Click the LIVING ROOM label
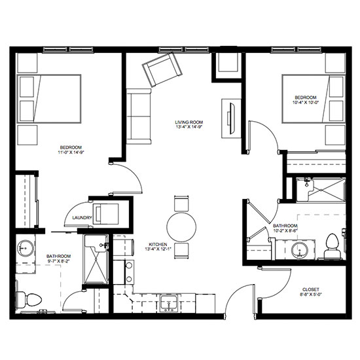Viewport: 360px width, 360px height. point(189,122)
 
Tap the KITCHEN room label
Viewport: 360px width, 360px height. point(158,244)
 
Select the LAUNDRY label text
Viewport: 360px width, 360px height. point(82,218)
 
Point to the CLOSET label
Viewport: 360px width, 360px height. point(311,289)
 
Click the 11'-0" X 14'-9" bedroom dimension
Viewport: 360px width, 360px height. point(71,152)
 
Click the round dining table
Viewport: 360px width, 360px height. point(181,226)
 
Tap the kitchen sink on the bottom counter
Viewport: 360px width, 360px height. point(169,303)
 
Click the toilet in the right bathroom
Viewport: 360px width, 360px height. point(332,246)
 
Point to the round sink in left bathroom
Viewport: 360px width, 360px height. point(26,248)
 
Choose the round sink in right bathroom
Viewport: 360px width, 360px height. point(300,250)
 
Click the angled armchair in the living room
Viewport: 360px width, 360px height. point(162,69)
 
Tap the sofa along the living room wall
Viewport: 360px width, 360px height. point(139,117)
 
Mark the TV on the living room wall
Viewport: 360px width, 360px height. point(231,118)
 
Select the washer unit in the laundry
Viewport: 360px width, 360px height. point(106,214)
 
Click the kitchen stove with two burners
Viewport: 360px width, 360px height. point(129,272)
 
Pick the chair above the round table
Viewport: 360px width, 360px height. point(181,204)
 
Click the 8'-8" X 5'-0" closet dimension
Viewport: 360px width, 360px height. point(311,295)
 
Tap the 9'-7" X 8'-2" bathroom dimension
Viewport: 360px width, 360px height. point(58,261)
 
